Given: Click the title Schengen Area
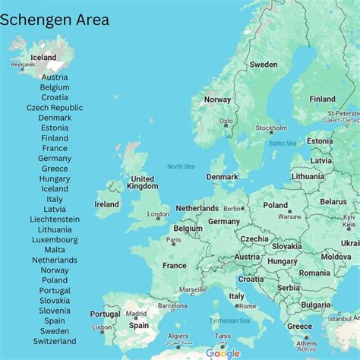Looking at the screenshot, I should (55, 21).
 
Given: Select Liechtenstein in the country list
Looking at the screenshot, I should (55, 219).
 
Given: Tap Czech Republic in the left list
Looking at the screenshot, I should (55, 108).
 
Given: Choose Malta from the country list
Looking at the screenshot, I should (55, 250).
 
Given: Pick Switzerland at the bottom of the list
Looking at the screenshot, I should (55, 341).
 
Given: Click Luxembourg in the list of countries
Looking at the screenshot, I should (55, 239).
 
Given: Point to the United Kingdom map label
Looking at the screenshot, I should (143, 183).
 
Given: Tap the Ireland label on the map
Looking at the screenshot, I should (106, 204).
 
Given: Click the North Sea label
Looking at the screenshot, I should (181, 166).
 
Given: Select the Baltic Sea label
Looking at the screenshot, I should (283, 143).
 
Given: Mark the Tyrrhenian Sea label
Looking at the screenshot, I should (229, 321).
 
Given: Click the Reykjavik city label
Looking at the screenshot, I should (23, 65).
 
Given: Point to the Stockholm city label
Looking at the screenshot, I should (271, 128).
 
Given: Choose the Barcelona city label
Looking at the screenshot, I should (172, 306).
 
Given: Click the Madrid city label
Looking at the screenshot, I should (136, 314).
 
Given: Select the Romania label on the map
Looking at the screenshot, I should (314, 273).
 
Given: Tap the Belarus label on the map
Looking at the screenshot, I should (333, 202).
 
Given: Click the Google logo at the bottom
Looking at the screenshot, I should (223, 353).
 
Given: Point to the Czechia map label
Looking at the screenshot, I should (254, 238).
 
